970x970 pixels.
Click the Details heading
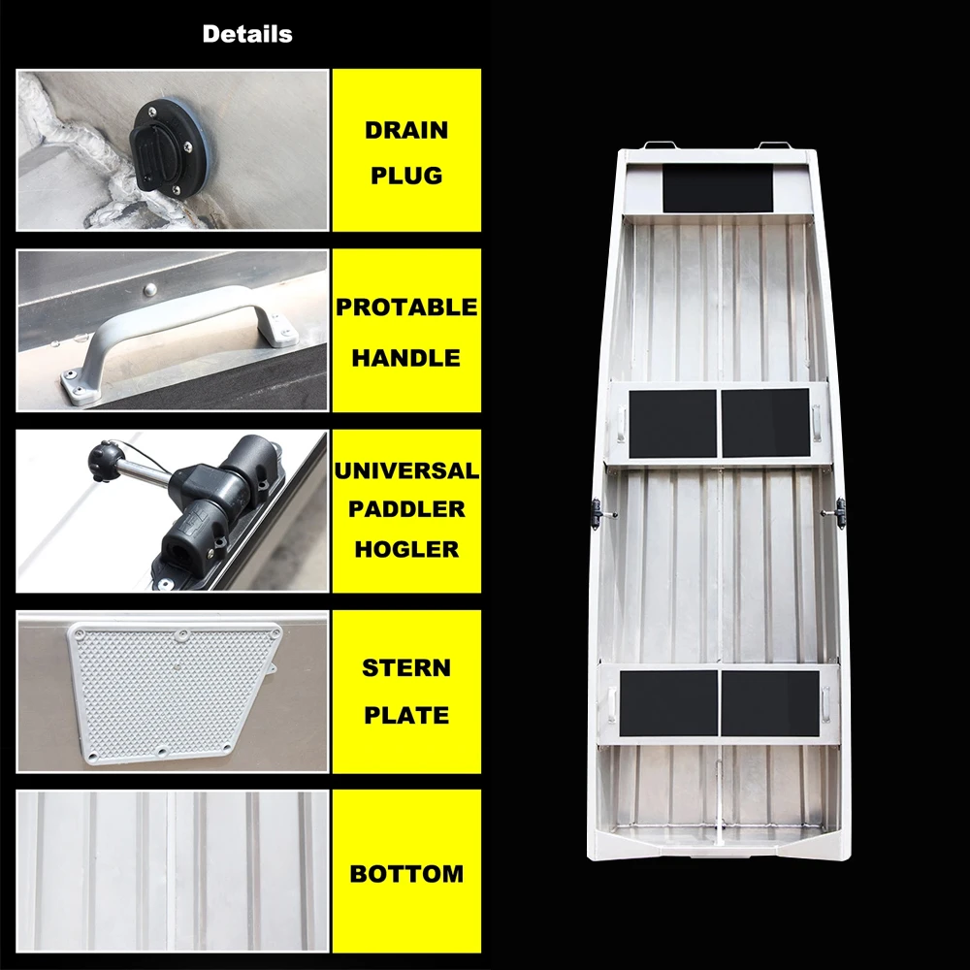coord(247,34)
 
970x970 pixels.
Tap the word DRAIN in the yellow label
coord(406,131)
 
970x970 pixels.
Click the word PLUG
coord(406,176)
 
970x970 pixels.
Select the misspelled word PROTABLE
coord(406,307)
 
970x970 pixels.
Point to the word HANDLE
coord(406,358)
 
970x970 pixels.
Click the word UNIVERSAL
coord(406,470)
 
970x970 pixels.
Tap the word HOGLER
coord(406,549)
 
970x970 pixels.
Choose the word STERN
coord(406,668)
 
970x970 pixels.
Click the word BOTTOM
coord(406,874)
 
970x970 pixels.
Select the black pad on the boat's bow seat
coord(718,188)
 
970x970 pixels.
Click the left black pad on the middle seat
coord(673,424)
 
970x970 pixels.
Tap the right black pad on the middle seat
coord(766,423)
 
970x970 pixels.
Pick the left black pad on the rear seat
coord(668,703)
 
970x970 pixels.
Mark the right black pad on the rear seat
coord(770,703)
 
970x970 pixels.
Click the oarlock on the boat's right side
coord(836,513)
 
